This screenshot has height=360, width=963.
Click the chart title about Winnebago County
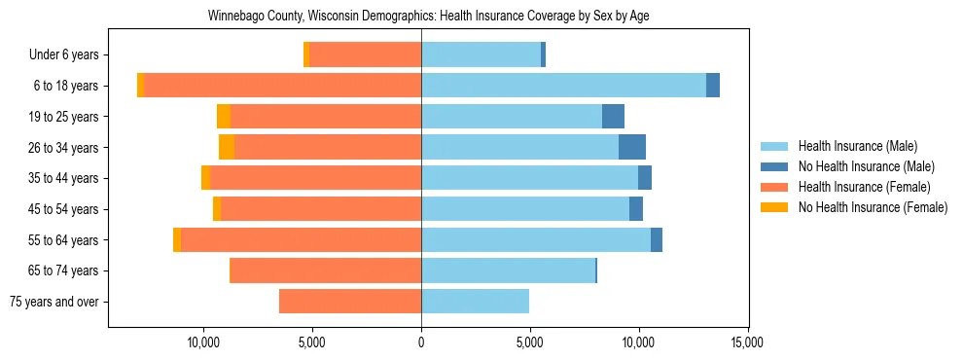pyautogui.click(x=428, y=17)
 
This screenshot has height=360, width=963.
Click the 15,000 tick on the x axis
pyautogui.click(x=747, y=342)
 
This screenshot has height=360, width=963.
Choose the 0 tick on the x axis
pyautogui.click(x=421, y=342)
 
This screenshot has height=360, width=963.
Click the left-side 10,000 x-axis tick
pyautogui.click(x=204, y=342)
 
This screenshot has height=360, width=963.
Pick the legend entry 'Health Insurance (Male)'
pyautogui.click(x=857, y=147)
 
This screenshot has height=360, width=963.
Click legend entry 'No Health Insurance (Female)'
pyautogui.click(x=873, y=207)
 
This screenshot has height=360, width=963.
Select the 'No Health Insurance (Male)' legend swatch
pyautogui.click(x=774, y=167)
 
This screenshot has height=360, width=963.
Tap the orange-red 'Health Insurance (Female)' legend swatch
pyautogui.click(x=774, y=187)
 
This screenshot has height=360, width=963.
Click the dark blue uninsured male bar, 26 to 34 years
pyautogui.click(x=632, y=147)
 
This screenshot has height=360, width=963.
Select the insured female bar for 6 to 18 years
pyautogui.click(x=282, y=86)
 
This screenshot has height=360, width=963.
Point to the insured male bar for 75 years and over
pyautogui.click(x=475, y=302)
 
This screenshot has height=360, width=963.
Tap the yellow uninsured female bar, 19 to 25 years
pyautogui.click(x=224, y=117)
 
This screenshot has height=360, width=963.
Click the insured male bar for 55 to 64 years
pyautogui.click(x=535, y=239)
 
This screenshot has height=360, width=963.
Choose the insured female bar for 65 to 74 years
pyautogui.click(x=325, y=270)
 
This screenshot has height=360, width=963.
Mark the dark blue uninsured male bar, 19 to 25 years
pyautogui.click(x=613, y=117)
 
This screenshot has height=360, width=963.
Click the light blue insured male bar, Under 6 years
pyautogui.click(x=481, y=55)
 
